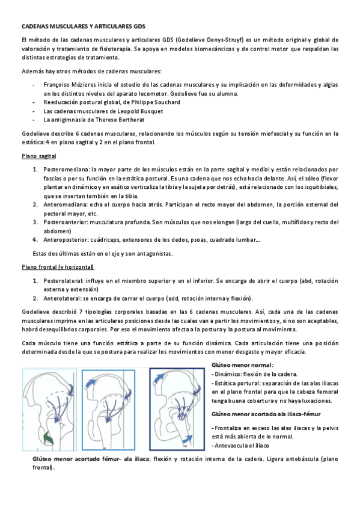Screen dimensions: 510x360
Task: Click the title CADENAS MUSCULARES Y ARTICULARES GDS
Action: tap(84, 27)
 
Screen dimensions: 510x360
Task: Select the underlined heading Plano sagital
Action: tap(38, 156)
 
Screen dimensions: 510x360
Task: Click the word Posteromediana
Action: tap(64, 170)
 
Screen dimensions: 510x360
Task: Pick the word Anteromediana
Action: tap(63, 204)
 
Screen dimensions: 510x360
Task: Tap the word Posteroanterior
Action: tap(65, 222)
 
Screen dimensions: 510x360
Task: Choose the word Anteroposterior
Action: tap(66, 239)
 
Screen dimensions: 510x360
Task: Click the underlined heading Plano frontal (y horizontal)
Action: tap(57, 266)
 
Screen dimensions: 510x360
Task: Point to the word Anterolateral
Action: tap(63, 298)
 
